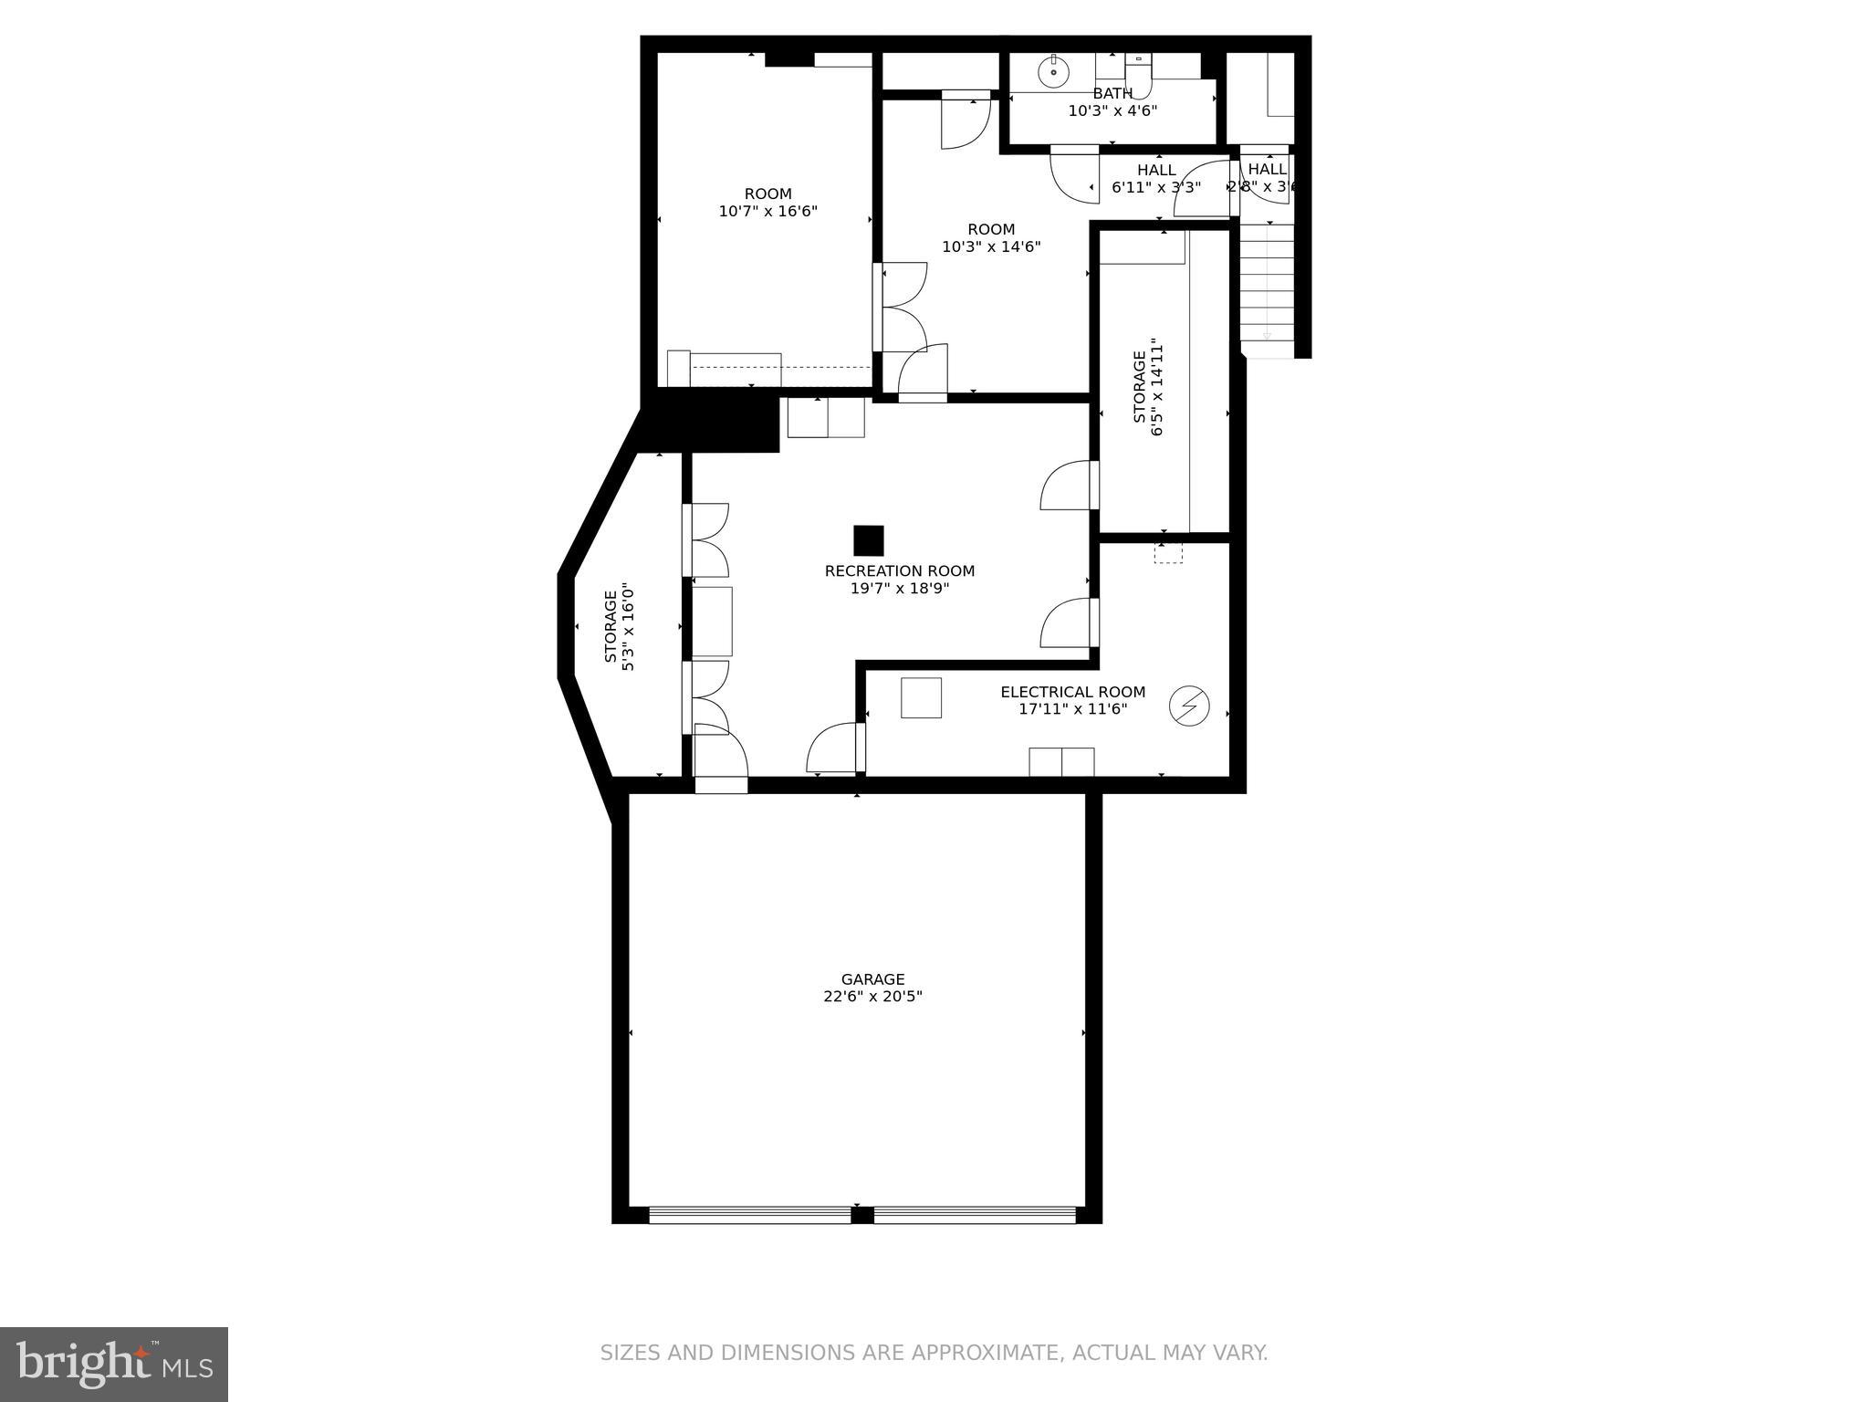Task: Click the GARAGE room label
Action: tap(872, 979)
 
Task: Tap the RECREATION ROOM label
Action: tap(899, 571)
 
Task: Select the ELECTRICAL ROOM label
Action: tap(1072, 692)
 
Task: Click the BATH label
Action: tap(1112, 93)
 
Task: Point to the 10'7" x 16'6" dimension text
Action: tap(767, 212)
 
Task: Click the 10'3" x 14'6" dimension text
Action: tap(991, 246)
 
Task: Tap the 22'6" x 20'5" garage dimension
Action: tap(872, 997)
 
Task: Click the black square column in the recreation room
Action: tap(868, 540)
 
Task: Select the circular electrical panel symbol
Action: tap(1189, 706)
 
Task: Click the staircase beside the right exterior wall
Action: tap(1267, 283)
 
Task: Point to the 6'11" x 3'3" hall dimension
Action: tap(1155, 187)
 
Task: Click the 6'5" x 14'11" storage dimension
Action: tap(1158, 388)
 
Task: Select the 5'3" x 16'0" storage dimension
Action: tap(628, 627)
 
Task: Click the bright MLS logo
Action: tap(113, 1364)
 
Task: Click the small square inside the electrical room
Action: tap(920, 697)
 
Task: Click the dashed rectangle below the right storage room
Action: tap(1167, 552)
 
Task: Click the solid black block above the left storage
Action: tap(710, 423)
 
